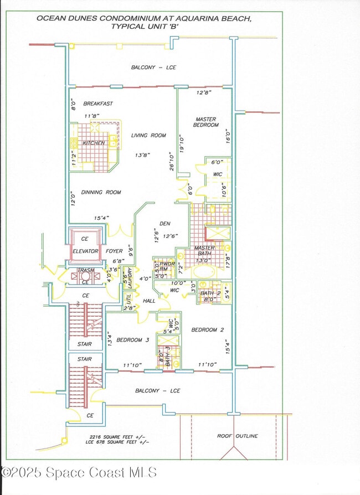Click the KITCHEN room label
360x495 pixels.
(x=94, y=143)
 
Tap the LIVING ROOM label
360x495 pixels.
(x=148, y=135)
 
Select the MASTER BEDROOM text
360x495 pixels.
(x=205, y=122)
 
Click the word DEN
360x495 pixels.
(x=165, y=224)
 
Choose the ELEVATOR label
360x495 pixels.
(x=85, y=251)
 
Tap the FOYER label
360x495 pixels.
(x=115, y=251)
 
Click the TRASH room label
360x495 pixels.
(x=85, y=271)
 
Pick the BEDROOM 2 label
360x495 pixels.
(x=208, y=330)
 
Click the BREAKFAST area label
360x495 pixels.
(x=98, y=104)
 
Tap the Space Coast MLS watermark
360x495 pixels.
(x=79, y=472)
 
